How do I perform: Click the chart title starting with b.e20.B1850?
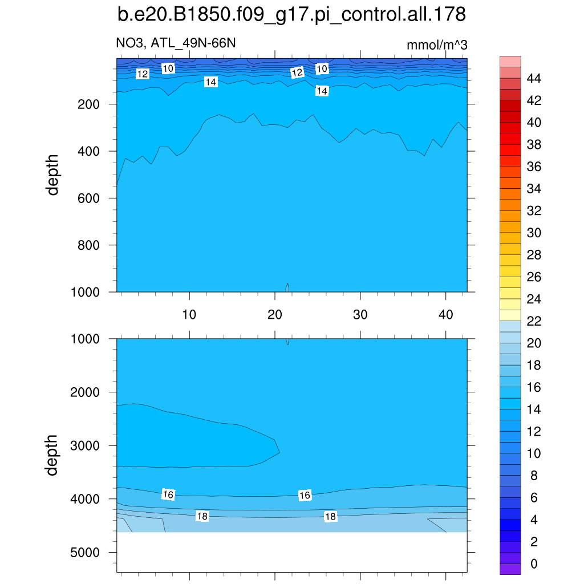tap(291, 15)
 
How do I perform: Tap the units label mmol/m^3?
tap(437, 45)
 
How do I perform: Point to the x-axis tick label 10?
tap(189, 314)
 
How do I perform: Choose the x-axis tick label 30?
tap(360, 314)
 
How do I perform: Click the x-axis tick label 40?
tap(446, 314)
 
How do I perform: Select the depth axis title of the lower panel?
tap(53, 455)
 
